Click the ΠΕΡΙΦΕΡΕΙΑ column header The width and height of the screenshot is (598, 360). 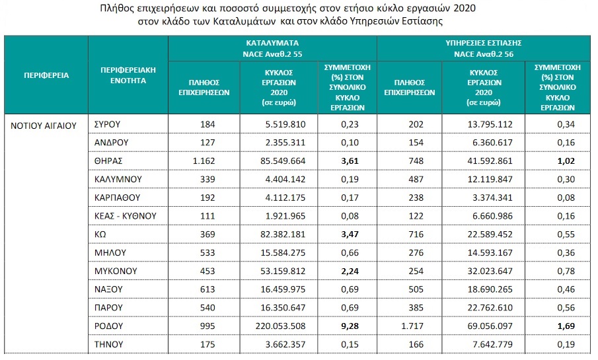(46, 75)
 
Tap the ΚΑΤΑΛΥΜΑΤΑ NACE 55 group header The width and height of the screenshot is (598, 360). (272, 47)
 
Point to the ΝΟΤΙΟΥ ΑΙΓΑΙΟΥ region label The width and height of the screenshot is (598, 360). (44, 124)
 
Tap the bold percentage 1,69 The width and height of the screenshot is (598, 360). (564, 326)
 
